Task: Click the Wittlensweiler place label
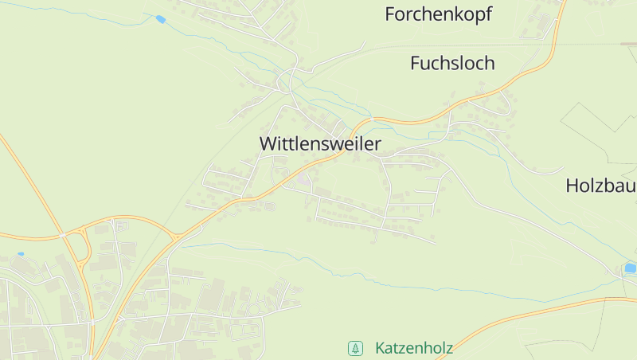[320, 144]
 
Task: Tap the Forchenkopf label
[438, 14]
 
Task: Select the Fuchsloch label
[452, 63]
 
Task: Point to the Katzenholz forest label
[413, 348]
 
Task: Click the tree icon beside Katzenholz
[354, 348]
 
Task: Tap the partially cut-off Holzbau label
[600, 186]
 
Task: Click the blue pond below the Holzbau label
[630, 268]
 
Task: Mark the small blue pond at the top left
[160, 19]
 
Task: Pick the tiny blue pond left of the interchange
[20, 254]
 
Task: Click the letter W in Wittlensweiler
[268, 144]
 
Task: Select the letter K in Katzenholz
[380, 348]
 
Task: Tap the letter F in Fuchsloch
[415, 63]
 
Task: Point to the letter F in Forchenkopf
[389, 14]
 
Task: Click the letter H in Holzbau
[572, 186]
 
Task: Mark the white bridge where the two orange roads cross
[61, 236]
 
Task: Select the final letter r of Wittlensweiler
[377, 144]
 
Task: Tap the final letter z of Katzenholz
[449, 348]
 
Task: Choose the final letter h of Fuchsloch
[490, 63]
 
